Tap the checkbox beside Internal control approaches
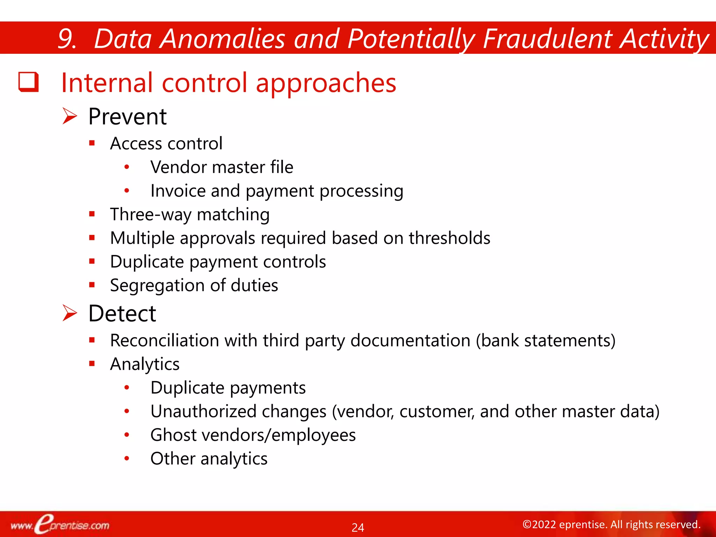[28, 82]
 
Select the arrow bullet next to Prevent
[70, 116]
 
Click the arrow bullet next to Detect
[70, 313]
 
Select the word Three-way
[150, 214]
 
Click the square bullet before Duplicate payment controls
[92, 261]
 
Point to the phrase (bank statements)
[545, 341]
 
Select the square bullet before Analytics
[92, 364]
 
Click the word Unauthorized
[203, 411]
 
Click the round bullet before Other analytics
[127, 458]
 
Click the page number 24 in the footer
[358, 527]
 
